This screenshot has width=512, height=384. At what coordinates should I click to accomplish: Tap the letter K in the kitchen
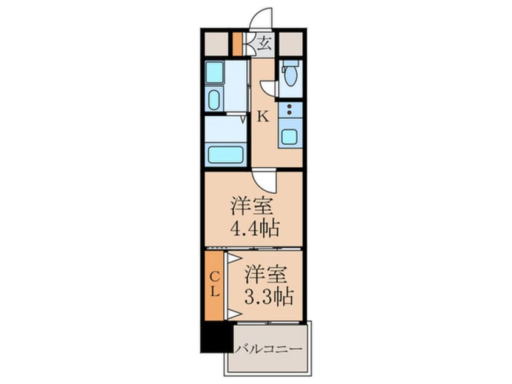click(x=263, y=116)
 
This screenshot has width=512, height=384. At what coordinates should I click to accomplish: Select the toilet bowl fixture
click(x=290, y=74)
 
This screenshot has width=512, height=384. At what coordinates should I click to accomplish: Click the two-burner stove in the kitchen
click(x=290, y=110)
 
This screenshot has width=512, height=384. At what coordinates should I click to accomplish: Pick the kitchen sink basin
click(x=289, y=136)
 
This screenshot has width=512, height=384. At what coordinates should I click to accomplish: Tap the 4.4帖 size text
click(x=254, y=229)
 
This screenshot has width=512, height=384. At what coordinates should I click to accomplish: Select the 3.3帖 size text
click(x=269, y=296)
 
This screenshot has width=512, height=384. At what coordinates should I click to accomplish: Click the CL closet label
click(x=214, y=285)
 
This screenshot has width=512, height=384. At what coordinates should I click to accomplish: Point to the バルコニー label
click(x=268, y=350)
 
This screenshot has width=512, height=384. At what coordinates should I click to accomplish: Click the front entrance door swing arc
click(x=261, y=18)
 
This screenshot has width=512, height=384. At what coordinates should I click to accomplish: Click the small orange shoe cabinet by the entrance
click(x=238, y=43)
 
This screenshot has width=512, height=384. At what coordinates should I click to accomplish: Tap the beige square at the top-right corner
click(x=290, y=43)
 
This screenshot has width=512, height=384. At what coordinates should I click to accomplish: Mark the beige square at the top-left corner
click(x=215, y=43)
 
